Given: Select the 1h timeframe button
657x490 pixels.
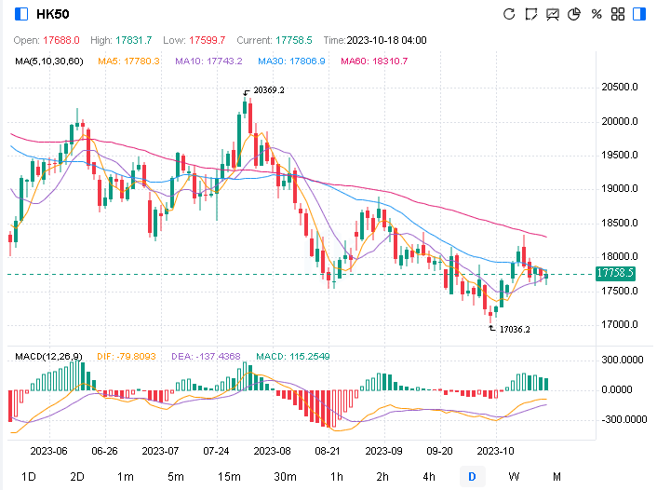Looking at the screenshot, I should tap(337, 477).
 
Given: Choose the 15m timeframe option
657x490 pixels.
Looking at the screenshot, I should tap(229, 477).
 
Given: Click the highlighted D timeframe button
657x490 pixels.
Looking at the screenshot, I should tap(472, 477).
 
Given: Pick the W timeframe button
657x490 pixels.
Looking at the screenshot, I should tap(514, 477).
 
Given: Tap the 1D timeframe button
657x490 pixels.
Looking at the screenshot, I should tap(29, 477).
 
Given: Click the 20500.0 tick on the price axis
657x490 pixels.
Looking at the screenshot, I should tap(619, 88).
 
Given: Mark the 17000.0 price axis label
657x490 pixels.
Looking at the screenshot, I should tap(619, 325).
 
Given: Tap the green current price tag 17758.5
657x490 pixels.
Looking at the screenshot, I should tap(617, 274).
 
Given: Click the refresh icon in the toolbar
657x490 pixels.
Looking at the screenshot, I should tap(509, 14).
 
